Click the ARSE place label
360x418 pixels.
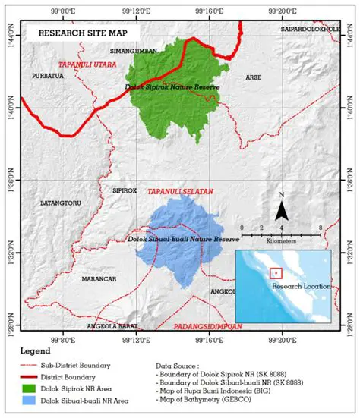click(x=253, y=77)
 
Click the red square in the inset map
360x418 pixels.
click(x=276, y=273)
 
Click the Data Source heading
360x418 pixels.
click(x=196, y=366)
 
